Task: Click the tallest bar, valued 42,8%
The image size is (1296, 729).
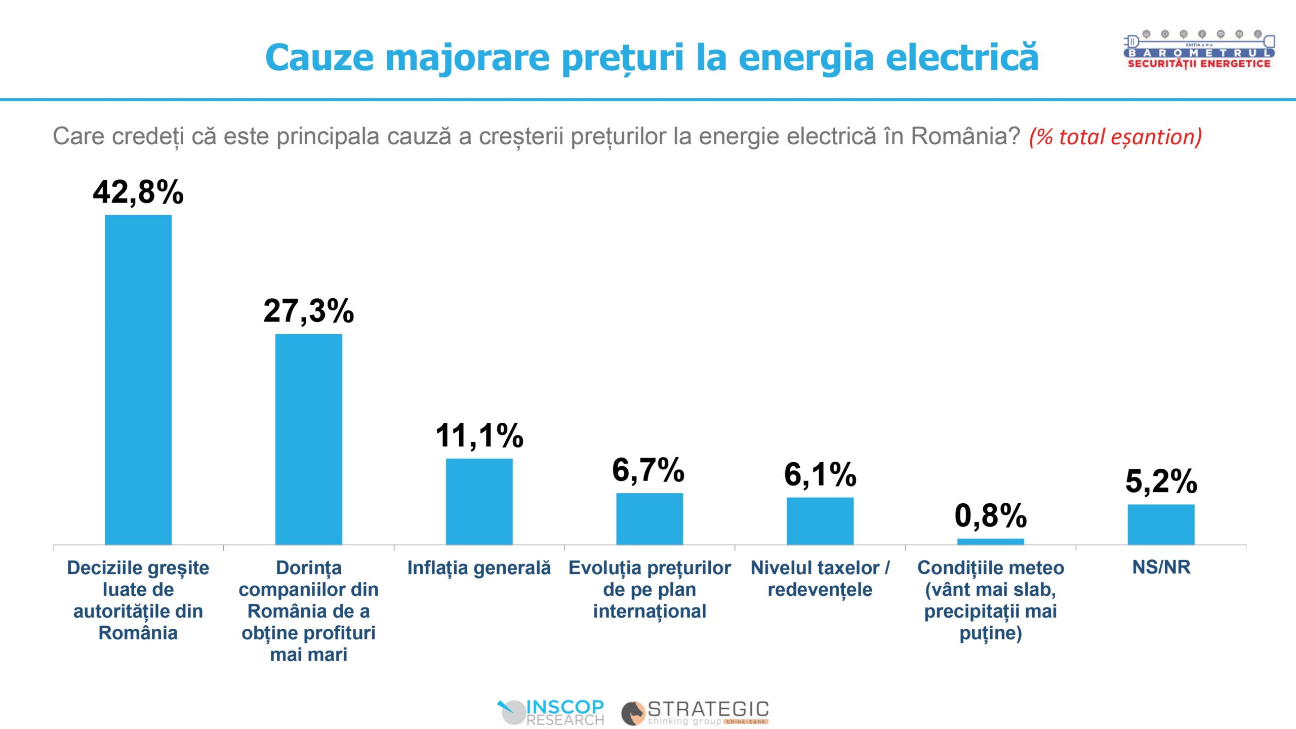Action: [138, 380]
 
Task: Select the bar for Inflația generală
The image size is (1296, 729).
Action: [479, 501]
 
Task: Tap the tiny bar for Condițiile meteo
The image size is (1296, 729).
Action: [990, 542]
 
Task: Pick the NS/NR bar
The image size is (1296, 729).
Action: [1161, 524]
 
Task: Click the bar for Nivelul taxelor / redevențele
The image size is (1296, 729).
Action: [820, 521]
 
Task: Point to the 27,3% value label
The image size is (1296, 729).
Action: [308, 310]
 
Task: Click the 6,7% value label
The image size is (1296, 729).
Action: [649, 470]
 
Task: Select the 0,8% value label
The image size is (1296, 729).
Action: [990, 515]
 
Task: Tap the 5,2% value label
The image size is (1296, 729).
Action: [1161, 481]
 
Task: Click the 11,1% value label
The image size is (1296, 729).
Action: [479, 435]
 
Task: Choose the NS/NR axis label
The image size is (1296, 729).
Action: [1161, 567]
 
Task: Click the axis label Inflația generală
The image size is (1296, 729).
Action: [479, 568]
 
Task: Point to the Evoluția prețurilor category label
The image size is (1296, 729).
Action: [650, 589]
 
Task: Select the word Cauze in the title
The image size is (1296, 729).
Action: [319, 57]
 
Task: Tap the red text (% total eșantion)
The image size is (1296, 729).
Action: [1115, 137]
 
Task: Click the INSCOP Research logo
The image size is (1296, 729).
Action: [551, 712]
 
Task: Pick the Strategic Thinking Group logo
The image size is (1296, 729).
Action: [695, 712]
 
